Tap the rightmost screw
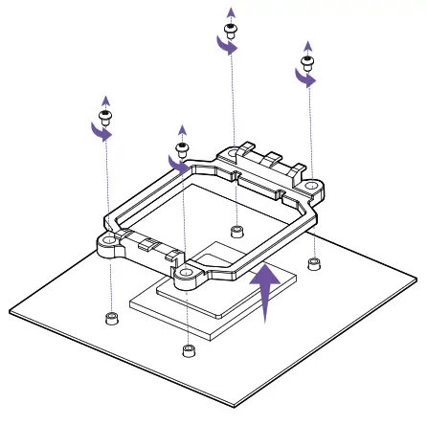(x=306, y=65)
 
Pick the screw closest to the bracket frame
(x=181, y=148)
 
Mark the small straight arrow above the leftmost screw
(x=105, y=101)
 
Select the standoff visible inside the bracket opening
(x=236, y=231)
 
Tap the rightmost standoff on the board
(x=313, y=262)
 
